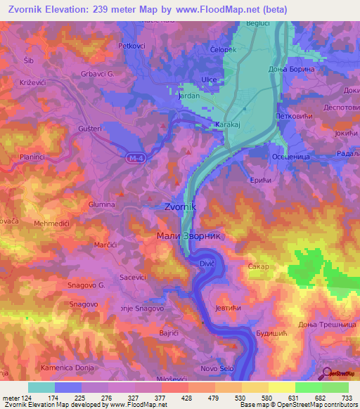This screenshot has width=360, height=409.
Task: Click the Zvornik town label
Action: pyautogui.click(x=184, y=207)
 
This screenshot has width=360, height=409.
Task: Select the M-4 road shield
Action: pyautogui.click(x=136, y=159)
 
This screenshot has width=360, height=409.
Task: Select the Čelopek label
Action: pyautogui.click(x=225, y=50)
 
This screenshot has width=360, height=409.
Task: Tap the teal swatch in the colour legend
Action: pyautogui.click(x=41, y=387)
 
